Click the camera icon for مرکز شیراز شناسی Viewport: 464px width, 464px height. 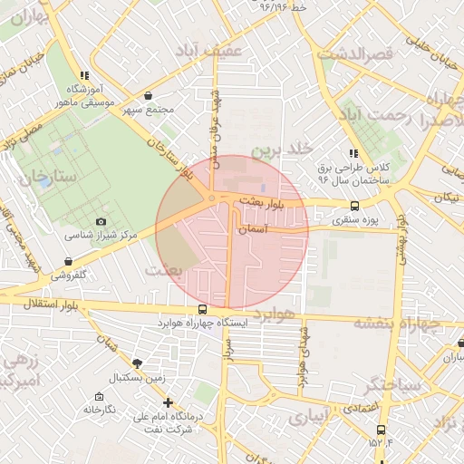point(101,221)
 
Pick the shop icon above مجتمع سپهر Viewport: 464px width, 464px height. point(148,96)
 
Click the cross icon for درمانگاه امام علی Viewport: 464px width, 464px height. point(167,402)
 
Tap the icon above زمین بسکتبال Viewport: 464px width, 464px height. point(136,362)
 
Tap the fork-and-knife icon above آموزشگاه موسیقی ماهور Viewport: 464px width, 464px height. point(84,75)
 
